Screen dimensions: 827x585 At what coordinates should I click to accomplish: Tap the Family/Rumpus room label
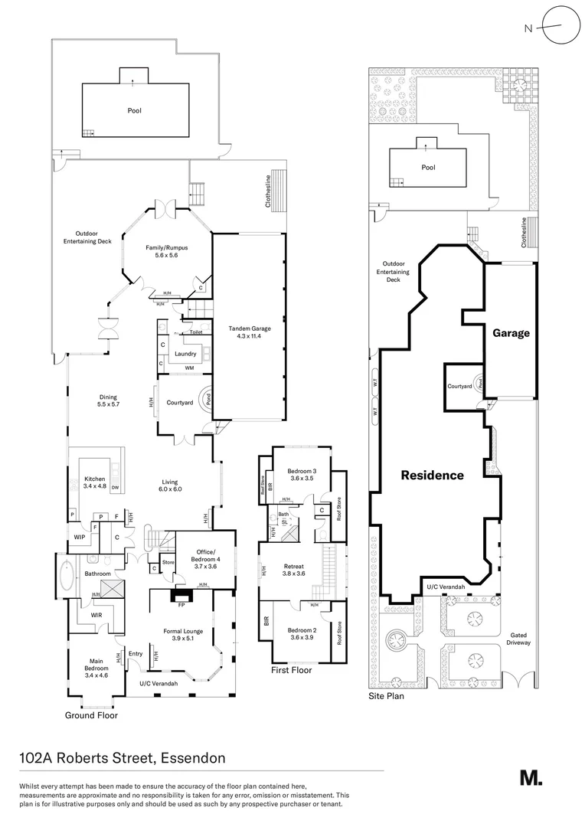[167, 252]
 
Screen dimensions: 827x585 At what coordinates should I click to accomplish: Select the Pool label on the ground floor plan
[134, 110]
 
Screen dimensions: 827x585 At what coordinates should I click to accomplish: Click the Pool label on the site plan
[428, 167]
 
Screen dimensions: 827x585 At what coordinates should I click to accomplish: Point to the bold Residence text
[433, 476]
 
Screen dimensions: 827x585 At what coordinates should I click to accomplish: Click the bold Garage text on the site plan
[511, 333]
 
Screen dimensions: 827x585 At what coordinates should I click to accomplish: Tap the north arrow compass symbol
[554, 28]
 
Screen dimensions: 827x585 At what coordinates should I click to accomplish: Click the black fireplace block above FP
[181, 594]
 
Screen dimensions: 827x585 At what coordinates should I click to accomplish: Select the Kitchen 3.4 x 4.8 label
[95, 483]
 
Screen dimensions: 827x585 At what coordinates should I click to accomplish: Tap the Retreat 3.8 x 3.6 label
[293, 569]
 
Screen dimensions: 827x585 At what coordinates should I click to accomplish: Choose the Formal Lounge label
[181, 635]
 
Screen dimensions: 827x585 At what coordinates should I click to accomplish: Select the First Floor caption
[292, 670]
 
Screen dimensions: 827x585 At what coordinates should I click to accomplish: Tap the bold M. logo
[531, 777]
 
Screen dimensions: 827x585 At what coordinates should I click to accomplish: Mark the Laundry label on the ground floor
[185, 354]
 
